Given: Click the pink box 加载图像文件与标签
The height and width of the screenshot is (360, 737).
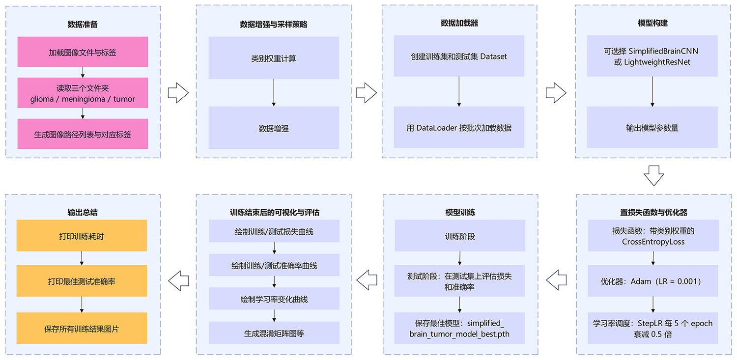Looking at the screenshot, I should pyautogui.click(x=83, y=52).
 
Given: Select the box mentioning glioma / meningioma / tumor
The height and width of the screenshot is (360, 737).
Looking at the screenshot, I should pyautogui.click(x=83, y=93).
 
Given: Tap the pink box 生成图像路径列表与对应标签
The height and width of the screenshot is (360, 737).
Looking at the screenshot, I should pyautogui.click(x=83, y=134).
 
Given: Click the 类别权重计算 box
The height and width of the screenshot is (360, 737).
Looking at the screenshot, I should pyautogui.click(x=274, y=58).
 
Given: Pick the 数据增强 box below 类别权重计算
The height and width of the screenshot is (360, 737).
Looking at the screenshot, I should pyautogui.click(x=274, y=128).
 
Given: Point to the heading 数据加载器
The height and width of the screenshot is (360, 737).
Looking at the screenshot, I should pyautogui.click(x=459, y=23).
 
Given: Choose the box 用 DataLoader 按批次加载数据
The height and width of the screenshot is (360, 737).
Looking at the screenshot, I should pyautogui.click(x=459, y=128).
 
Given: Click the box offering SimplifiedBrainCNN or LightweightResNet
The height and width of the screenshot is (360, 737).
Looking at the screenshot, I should pyautogui.click(x=652, y=56).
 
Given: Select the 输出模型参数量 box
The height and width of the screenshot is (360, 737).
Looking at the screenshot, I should pyautogui.click(x=652, y=128).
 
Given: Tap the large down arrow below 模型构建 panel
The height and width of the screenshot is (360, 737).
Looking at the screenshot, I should pyautogui.click(x=653, y=175).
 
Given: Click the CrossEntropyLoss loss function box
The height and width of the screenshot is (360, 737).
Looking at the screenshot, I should pyautogui.click(x=652, y=236).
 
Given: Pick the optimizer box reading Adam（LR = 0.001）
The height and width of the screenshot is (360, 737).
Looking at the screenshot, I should pyautogui.click(x=652, y=281).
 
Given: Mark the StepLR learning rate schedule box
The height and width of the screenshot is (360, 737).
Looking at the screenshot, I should pyautogui.click(x=652, y=328).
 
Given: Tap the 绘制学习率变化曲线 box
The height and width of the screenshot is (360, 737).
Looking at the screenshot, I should pyautogui.click(x=274, y=299).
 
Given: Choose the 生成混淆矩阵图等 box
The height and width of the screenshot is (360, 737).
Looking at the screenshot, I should pyautogui.click(x=274, y=333).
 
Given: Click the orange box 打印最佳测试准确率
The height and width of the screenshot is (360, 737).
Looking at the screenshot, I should pyautogui.click(x=82, y=281).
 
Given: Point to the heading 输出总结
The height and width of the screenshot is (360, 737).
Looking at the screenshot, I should pyautogui.click(x=83, y=213).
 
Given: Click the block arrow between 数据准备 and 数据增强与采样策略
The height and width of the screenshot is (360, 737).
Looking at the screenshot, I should pyautogui.click(x=178, y=92).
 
